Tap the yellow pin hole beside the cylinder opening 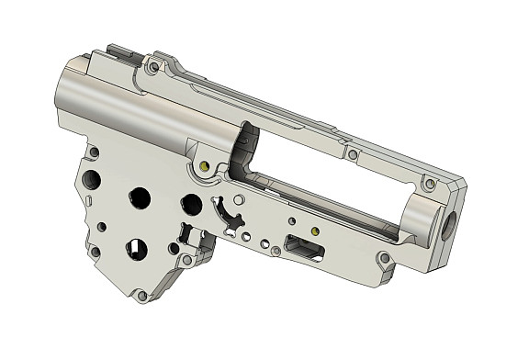(x=204, y=167)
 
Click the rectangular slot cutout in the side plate (x=304, y=247)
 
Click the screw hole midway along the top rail (x=353, y=154)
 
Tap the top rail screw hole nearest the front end (x=427, y=184)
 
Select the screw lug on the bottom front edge (x=384, y=258)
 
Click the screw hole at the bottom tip (x=141, y=296)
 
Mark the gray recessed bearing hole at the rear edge (x=93, y=179)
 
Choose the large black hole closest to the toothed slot (x=191, y=203)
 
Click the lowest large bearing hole (x=135, y=247)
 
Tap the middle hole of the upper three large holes (x=140, y=197)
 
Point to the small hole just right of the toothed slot (x=238, y=198)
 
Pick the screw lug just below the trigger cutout (x=188, y=260)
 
